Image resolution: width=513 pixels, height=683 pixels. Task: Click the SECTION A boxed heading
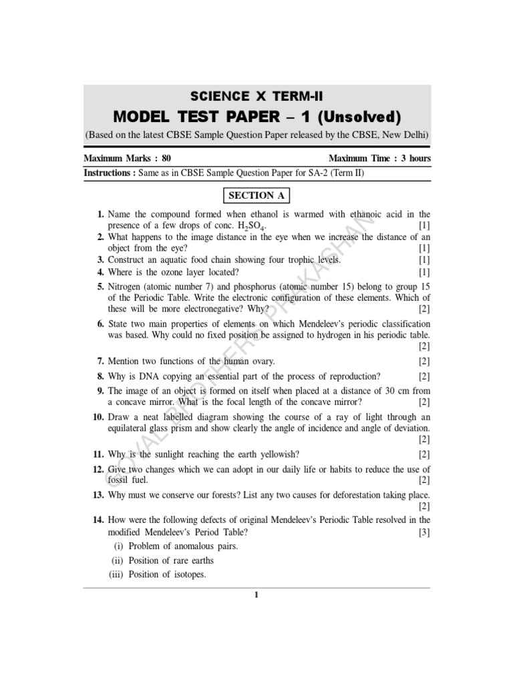click(x=256, y=195)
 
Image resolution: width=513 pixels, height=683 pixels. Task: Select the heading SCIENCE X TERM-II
click(x=257, y=97)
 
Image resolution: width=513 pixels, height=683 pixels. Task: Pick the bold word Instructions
click(x=109, y=173)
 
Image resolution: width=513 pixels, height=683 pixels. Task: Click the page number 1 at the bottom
click(x=256, y=596)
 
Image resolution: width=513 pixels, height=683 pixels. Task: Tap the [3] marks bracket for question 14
click(x=424, y=533)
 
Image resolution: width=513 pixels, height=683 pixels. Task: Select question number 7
click(x=101, y=361)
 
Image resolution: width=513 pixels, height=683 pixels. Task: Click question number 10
click(x=98, y=417)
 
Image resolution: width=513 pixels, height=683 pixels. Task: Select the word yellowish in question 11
click(x=252, y=454)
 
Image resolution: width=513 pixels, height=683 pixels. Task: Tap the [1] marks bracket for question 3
click(x=424, y=259)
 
